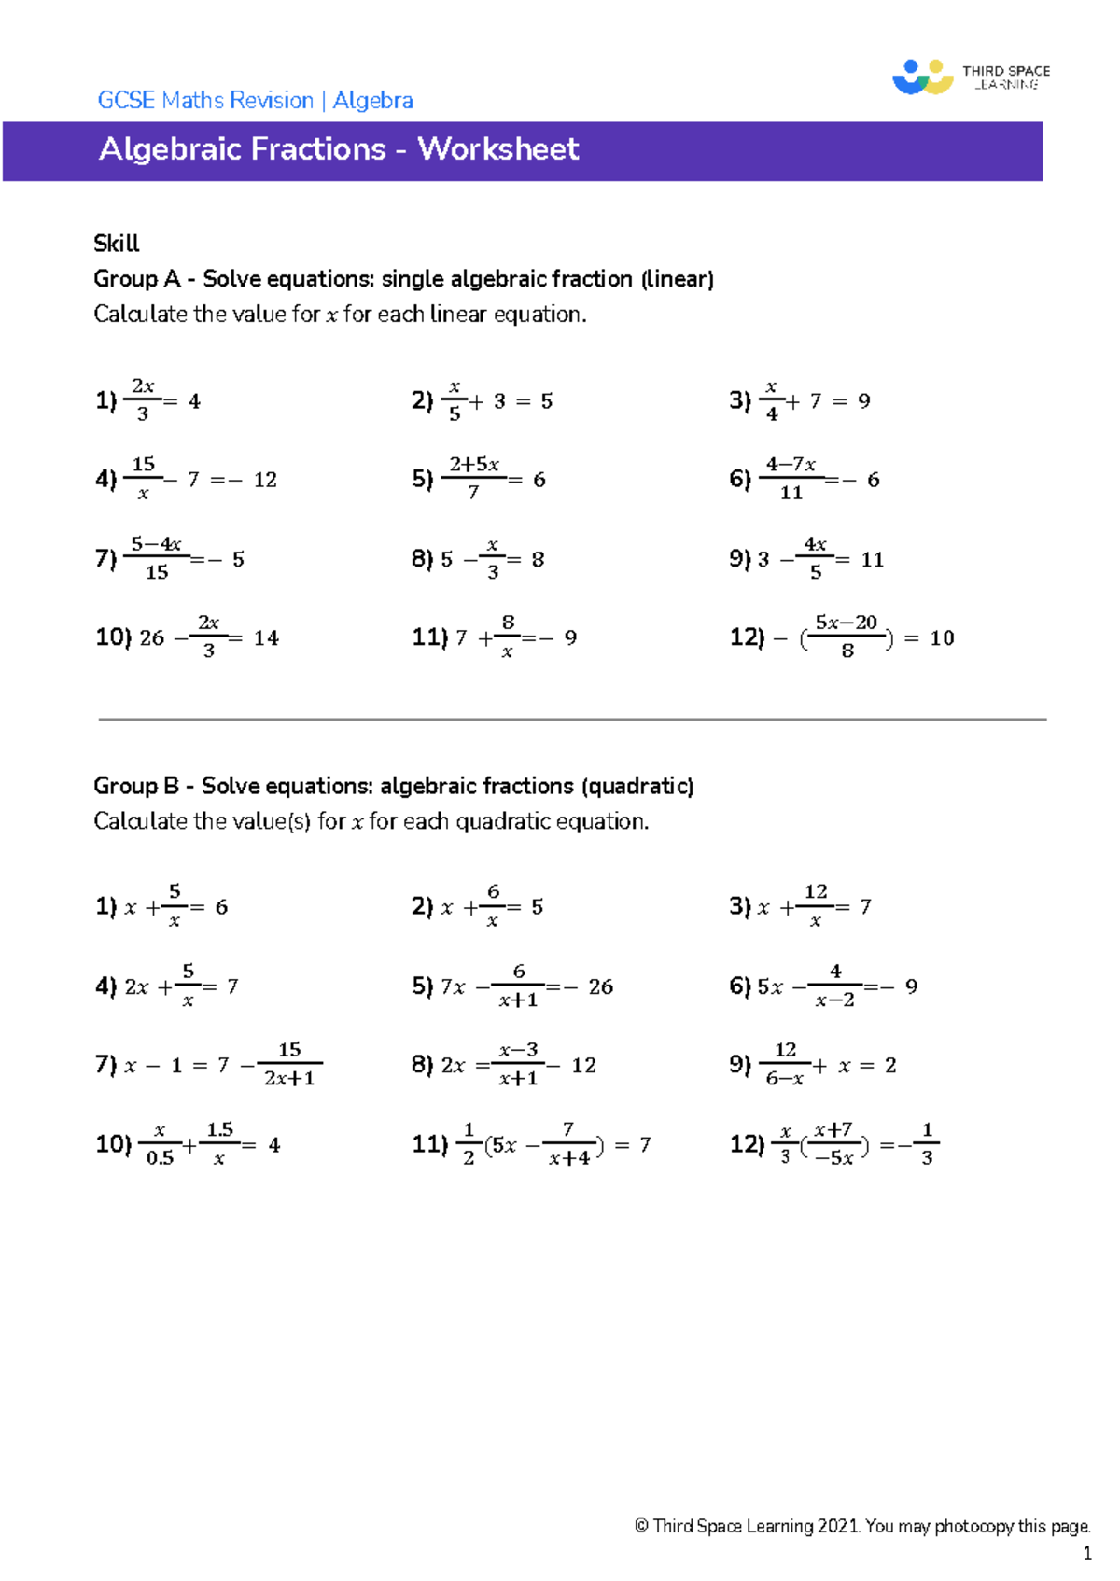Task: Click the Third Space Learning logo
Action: pyautogui.click(x=971, y=77)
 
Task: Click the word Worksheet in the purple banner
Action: pyautogui.click(x=498, y=149)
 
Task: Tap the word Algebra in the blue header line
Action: pyautogui.click(x=372, y=101)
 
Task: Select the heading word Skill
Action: pyautogui.click(x=116, y=244)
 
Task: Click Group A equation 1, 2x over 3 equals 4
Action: pyautogui.click(x=149, y=401)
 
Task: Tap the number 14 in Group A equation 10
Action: pyautogui.click(x=266, y=638)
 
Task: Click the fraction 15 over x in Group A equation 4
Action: pyautogui.click(x=143, y=479)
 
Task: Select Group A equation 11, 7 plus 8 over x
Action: pyautogui.click(x=495, y=637)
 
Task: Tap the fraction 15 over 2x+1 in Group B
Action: pyautogui.click(x=289, y=1065)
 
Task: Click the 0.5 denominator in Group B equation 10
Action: pyautogui.click(x=160, y=1158)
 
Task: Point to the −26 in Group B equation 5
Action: pyautogui.click(x=594, y=987)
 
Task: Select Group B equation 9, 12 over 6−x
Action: pyautogui.click(x=813, y=1065)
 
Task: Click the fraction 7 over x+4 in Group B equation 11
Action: pyautogui.click(x=568, y=1145)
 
